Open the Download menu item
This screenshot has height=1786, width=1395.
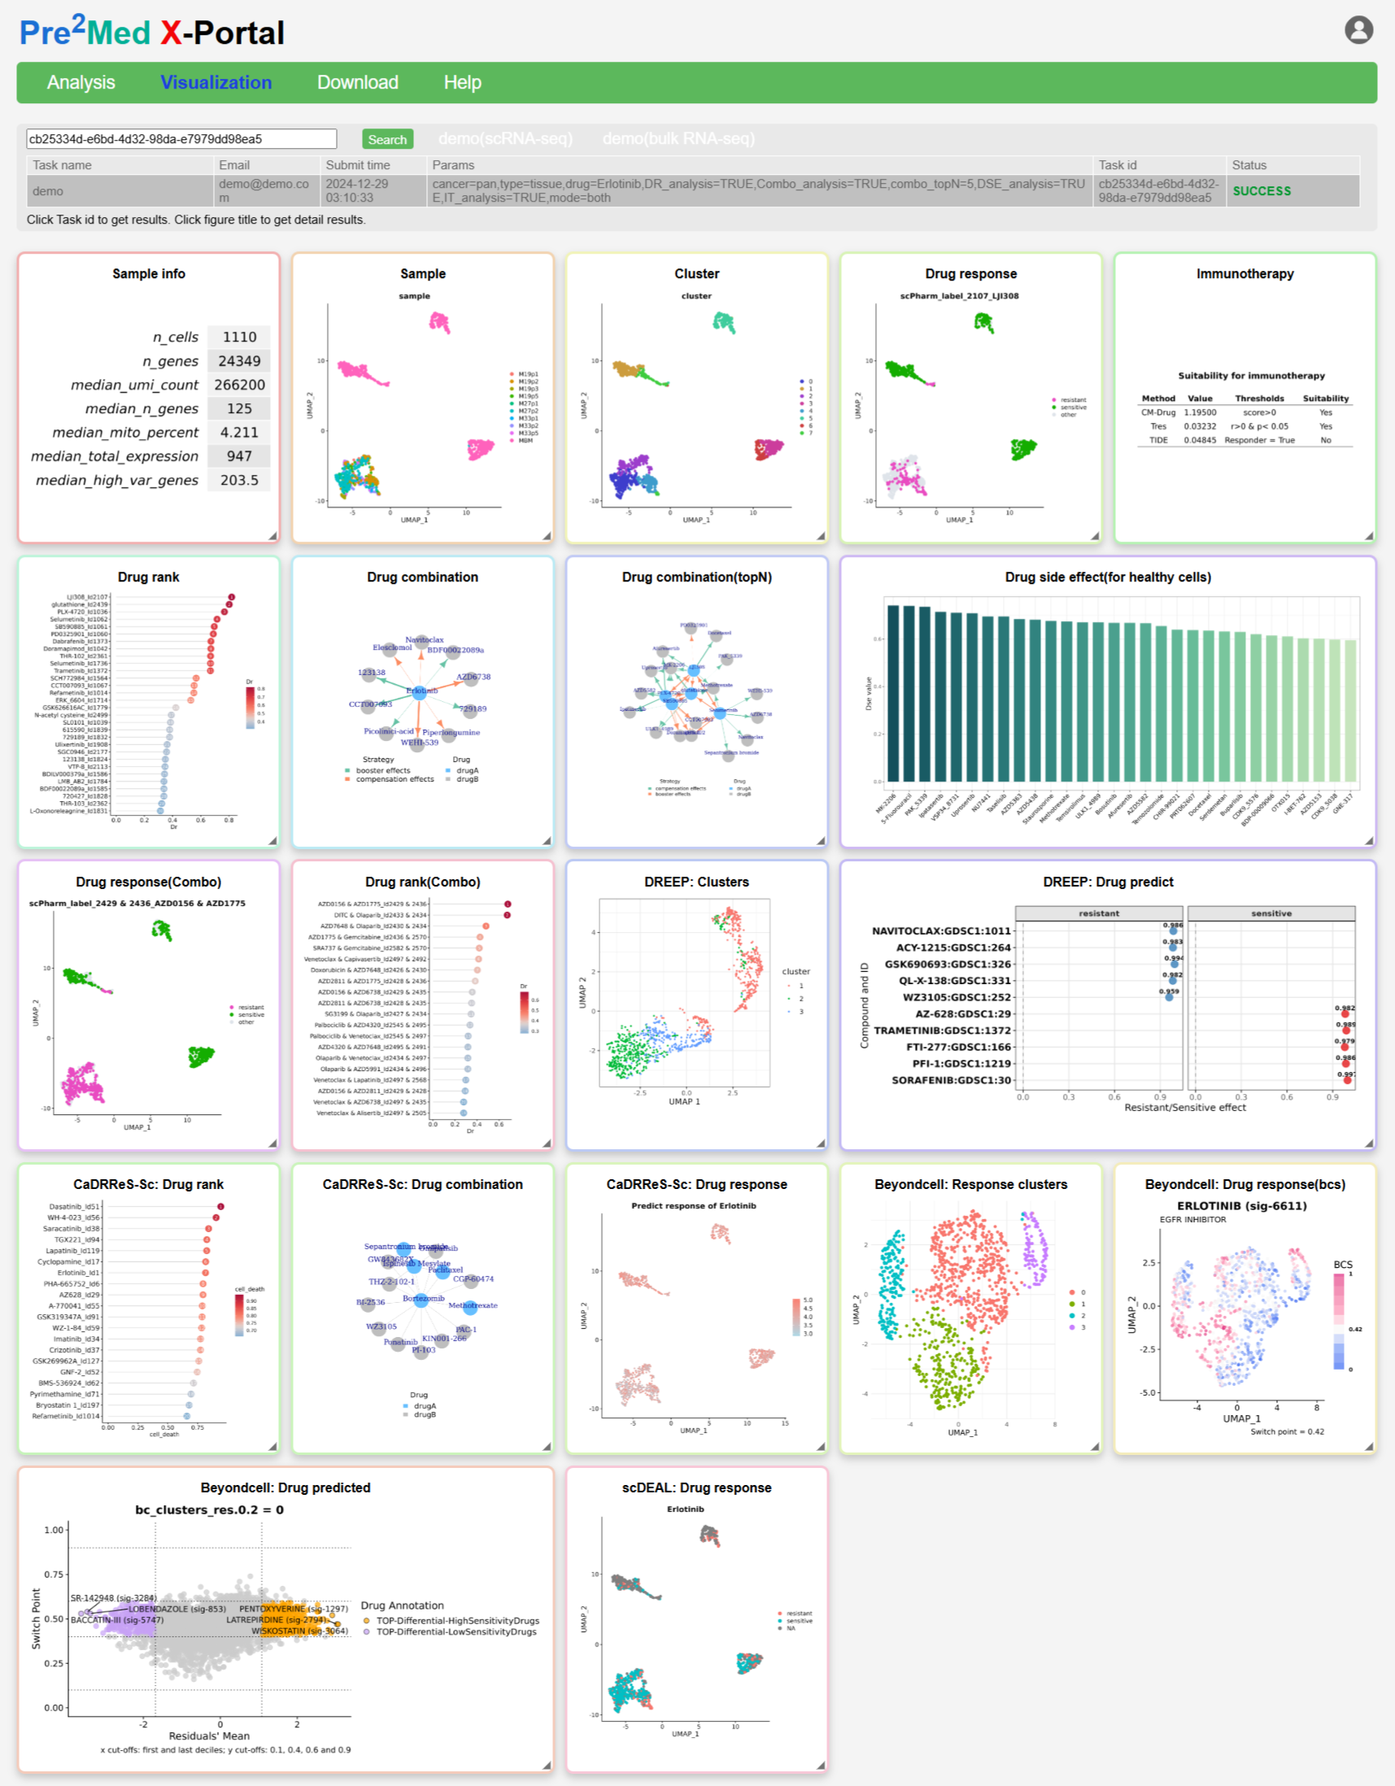tap(357, 83)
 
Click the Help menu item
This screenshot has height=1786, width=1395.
tap(462, 83)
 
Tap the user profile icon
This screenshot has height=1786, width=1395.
tap(1358, 30)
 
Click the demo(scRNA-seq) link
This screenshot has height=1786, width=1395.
tap(505, 139)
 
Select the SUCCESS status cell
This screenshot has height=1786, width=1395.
tap(1261, 190)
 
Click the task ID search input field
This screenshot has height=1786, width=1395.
tap(181, 139)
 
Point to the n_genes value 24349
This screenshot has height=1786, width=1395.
tap(239, 360)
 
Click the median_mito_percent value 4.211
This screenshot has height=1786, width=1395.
tap(239, 433)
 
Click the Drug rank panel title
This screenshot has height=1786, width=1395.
tap(148, 577)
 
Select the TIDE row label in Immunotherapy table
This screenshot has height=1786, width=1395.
tap(1157, 440)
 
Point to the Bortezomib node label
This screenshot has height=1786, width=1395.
tap(424, 1299)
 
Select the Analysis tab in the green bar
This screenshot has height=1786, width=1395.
tap(81, 83)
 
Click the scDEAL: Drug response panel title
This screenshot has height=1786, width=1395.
tap(695, 1488)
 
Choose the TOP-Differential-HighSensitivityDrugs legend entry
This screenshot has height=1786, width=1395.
tap(456, 1621)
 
